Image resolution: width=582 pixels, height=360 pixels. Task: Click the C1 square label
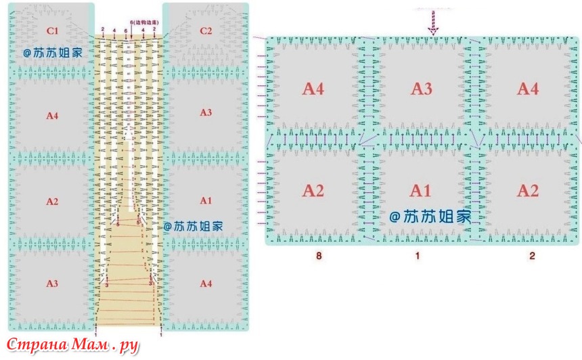[x=52, y=30]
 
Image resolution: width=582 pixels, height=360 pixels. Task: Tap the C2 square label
[x=206, y=30]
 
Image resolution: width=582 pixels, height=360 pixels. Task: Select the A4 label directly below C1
[x=52, y=116]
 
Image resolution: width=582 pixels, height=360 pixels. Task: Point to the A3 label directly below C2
[x=206, y=112]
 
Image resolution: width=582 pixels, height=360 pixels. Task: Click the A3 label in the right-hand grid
[x=422, y=89]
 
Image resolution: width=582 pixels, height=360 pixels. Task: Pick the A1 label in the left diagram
[x=206, y=200]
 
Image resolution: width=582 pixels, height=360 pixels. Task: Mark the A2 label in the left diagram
[x=52, y=202]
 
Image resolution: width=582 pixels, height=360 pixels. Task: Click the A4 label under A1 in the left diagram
[x=206, y=284]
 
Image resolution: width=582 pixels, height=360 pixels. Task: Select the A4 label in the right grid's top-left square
[x=313, y=89]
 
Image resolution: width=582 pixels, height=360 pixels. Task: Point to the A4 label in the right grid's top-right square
[x=528, y=89]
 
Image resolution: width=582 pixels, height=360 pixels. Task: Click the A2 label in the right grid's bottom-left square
[x=313, y=191]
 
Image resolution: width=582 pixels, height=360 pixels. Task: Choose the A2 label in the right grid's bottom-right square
[x=528, y=191]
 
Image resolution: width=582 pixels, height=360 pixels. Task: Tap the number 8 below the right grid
[x=317, y=256]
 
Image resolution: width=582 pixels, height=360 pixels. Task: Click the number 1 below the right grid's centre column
[x=418, y=256]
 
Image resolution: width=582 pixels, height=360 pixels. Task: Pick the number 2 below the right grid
[x=532, y=256]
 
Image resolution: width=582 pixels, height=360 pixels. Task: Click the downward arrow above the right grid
[x=433, y=26]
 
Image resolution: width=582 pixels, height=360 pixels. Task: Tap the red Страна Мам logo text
[x=71, y=345]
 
